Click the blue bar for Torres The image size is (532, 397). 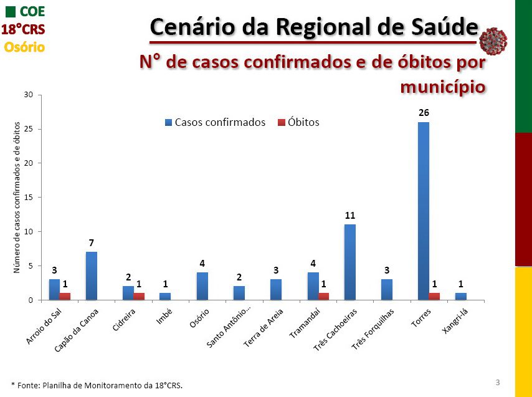(x=424, y=211)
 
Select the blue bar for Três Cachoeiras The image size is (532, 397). (x=349, y=262)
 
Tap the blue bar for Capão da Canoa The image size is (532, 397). (x=91, y=275)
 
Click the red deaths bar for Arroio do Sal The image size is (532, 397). (x=65, y=296)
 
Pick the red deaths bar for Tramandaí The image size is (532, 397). (x=323, y=296)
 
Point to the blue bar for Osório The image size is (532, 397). (x=202, y=286)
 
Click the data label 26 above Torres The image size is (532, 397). (x=424, y=113)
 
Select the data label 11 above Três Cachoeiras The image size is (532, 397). (x=350, y=215)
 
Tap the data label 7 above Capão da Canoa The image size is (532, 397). (x=91, y=242)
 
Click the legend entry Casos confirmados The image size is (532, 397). (x=215, y=122)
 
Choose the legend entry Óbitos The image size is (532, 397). (x=298, y=122)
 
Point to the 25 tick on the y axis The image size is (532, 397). (x=28, y=129)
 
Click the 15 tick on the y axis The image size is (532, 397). (x=28, y=198)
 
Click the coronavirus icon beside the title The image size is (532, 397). (x=493, y=41)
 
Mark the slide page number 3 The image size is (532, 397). (x=498, y=381)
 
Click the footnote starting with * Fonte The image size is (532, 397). (x=97, y=385)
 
